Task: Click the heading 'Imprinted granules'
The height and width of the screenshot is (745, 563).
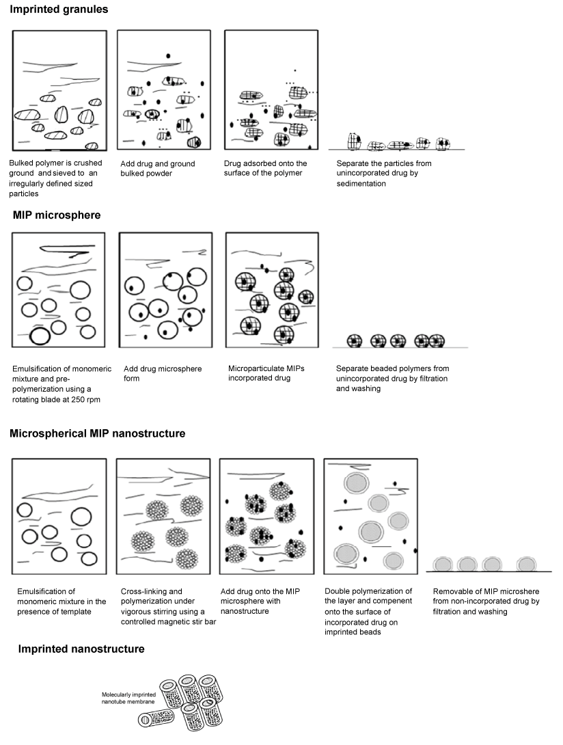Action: (59, 9)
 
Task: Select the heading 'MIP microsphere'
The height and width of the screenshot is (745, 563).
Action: (57, 215)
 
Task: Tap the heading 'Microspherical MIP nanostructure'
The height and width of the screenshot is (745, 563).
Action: (98, 433)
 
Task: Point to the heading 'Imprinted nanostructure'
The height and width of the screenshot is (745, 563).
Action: (81, 649)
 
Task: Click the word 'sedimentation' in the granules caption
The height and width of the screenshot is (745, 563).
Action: (361, 183)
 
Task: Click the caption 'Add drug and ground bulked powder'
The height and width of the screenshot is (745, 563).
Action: (158, 169)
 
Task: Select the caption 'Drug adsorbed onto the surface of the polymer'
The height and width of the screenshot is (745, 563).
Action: (266, 168)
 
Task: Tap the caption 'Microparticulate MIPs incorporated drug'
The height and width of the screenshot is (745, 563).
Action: (266, 373)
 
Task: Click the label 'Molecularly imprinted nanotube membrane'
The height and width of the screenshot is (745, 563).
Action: (128, 698)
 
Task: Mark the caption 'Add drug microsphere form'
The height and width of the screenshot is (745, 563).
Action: (163, 373)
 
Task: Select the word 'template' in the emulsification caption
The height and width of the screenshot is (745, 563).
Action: (75, 612)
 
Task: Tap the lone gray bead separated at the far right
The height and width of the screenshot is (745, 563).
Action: (526, 564)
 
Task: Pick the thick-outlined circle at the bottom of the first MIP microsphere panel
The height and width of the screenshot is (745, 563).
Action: (40, 336)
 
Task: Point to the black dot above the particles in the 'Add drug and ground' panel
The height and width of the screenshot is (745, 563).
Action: (167, 56)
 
